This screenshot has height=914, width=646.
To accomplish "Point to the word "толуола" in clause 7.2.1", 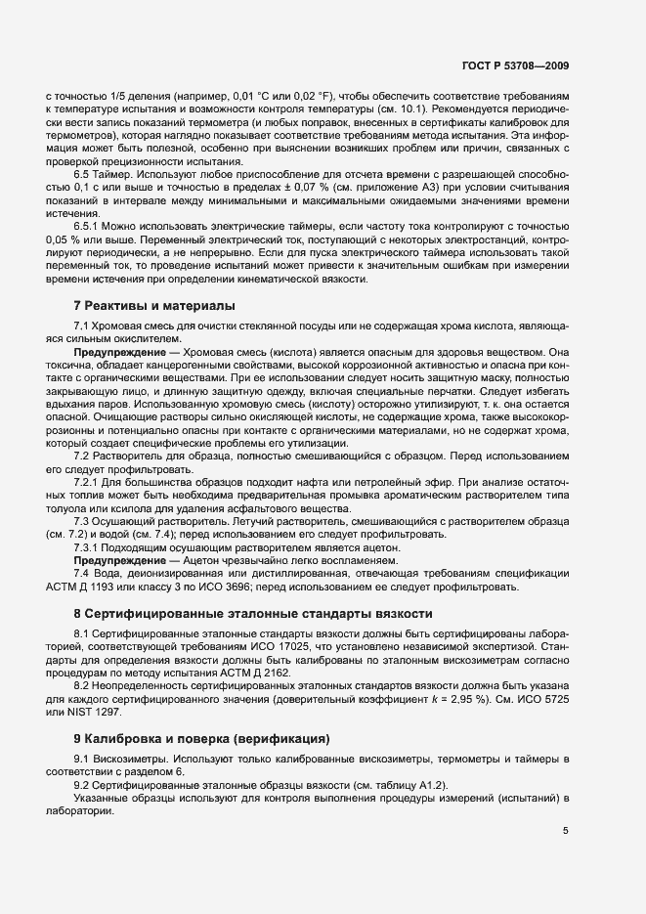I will pos(68,508).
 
